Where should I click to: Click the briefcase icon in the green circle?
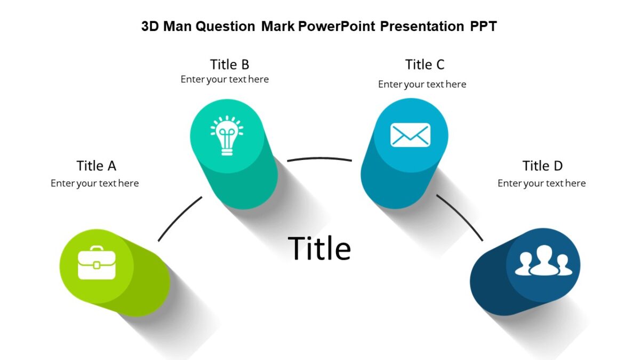pos(97,263)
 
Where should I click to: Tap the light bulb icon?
pos(227,135)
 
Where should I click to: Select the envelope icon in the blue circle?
pos(410,134)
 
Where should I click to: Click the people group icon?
pos(543,261)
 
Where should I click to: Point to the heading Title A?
pos(96,166)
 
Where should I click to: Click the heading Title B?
pos(229,65)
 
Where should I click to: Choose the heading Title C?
pos(425,65)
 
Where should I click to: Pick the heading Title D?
pos(542,166)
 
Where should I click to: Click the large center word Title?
pos(319,249)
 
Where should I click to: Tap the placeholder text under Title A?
pos(94,183)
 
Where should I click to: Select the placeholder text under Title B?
pos(225,79)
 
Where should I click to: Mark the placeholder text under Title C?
pos(422,84)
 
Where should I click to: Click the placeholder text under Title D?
pos(541,183)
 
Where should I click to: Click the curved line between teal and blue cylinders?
pos(319,158)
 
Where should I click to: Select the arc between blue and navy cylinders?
pos(461,217)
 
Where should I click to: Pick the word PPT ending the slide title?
pos(483,26)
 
